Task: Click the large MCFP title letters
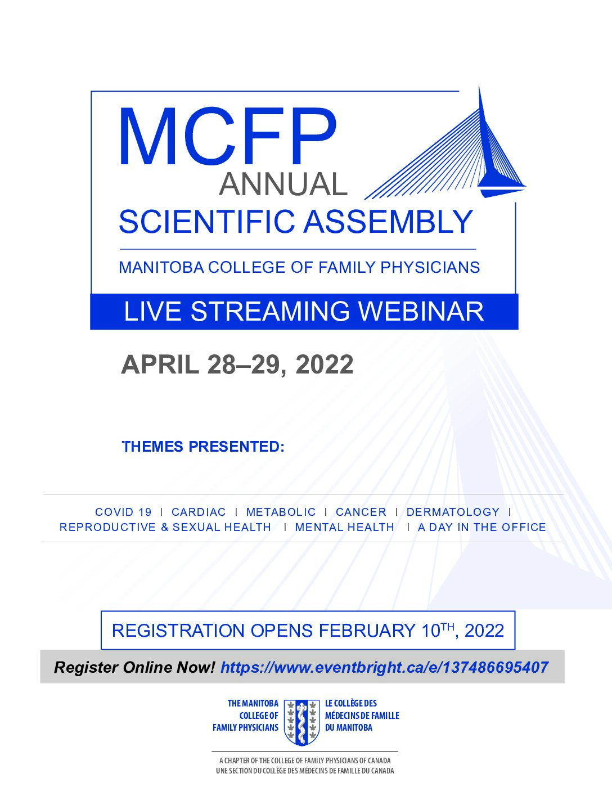[228, 137]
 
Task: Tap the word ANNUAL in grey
[283, 184]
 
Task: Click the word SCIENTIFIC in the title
[206, 222]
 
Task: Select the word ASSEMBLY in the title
[388, 222]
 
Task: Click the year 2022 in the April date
[325, 364]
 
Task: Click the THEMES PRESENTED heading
[203, 447]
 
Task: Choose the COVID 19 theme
[123, 512]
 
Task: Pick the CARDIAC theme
[199, 512]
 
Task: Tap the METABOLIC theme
[281, 512]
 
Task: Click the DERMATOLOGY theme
[453, 512]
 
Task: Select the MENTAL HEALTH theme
[345, 528]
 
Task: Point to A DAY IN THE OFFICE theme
[482, 528]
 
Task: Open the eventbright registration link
[385, 668]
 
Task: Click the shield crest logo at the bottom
[301, 722]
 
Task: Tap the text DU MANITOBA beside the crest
[348, 727]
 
